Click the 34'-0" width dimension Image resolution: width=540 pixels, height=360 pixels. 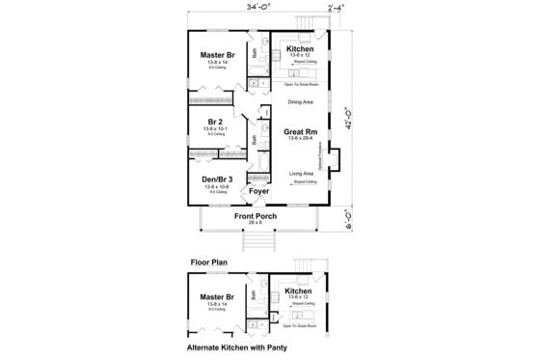(x=256, y=10)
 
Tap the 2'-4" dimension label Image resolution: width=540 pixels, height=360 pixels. (x=337, y=10)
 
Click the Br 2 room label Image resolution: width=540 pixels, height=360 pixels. (x=214, y=121)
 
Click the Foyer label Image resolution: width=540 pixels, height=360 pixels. (x=257, y=191)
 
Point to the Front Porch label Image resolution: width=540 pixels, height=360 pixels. (x=256, y=216)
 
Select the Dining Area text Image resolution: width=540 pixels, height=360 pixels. (x=301, y=101)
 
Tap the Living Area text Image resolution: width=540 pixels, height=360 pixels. (x=301, y=174)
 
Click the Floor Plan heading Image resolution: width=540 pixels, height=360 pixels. (x=207, y=261)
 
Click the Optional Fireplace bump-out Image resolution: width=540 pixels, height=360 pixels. (x=336, y=159)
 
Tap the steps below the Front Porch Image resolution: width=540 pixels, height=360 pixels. (x=256, y=242)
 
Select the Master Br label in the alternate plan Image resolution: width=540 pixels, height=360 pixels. (x=216, y=297)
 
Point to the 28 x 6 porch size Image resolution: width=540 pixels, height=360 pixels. (x=256, y=223)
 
